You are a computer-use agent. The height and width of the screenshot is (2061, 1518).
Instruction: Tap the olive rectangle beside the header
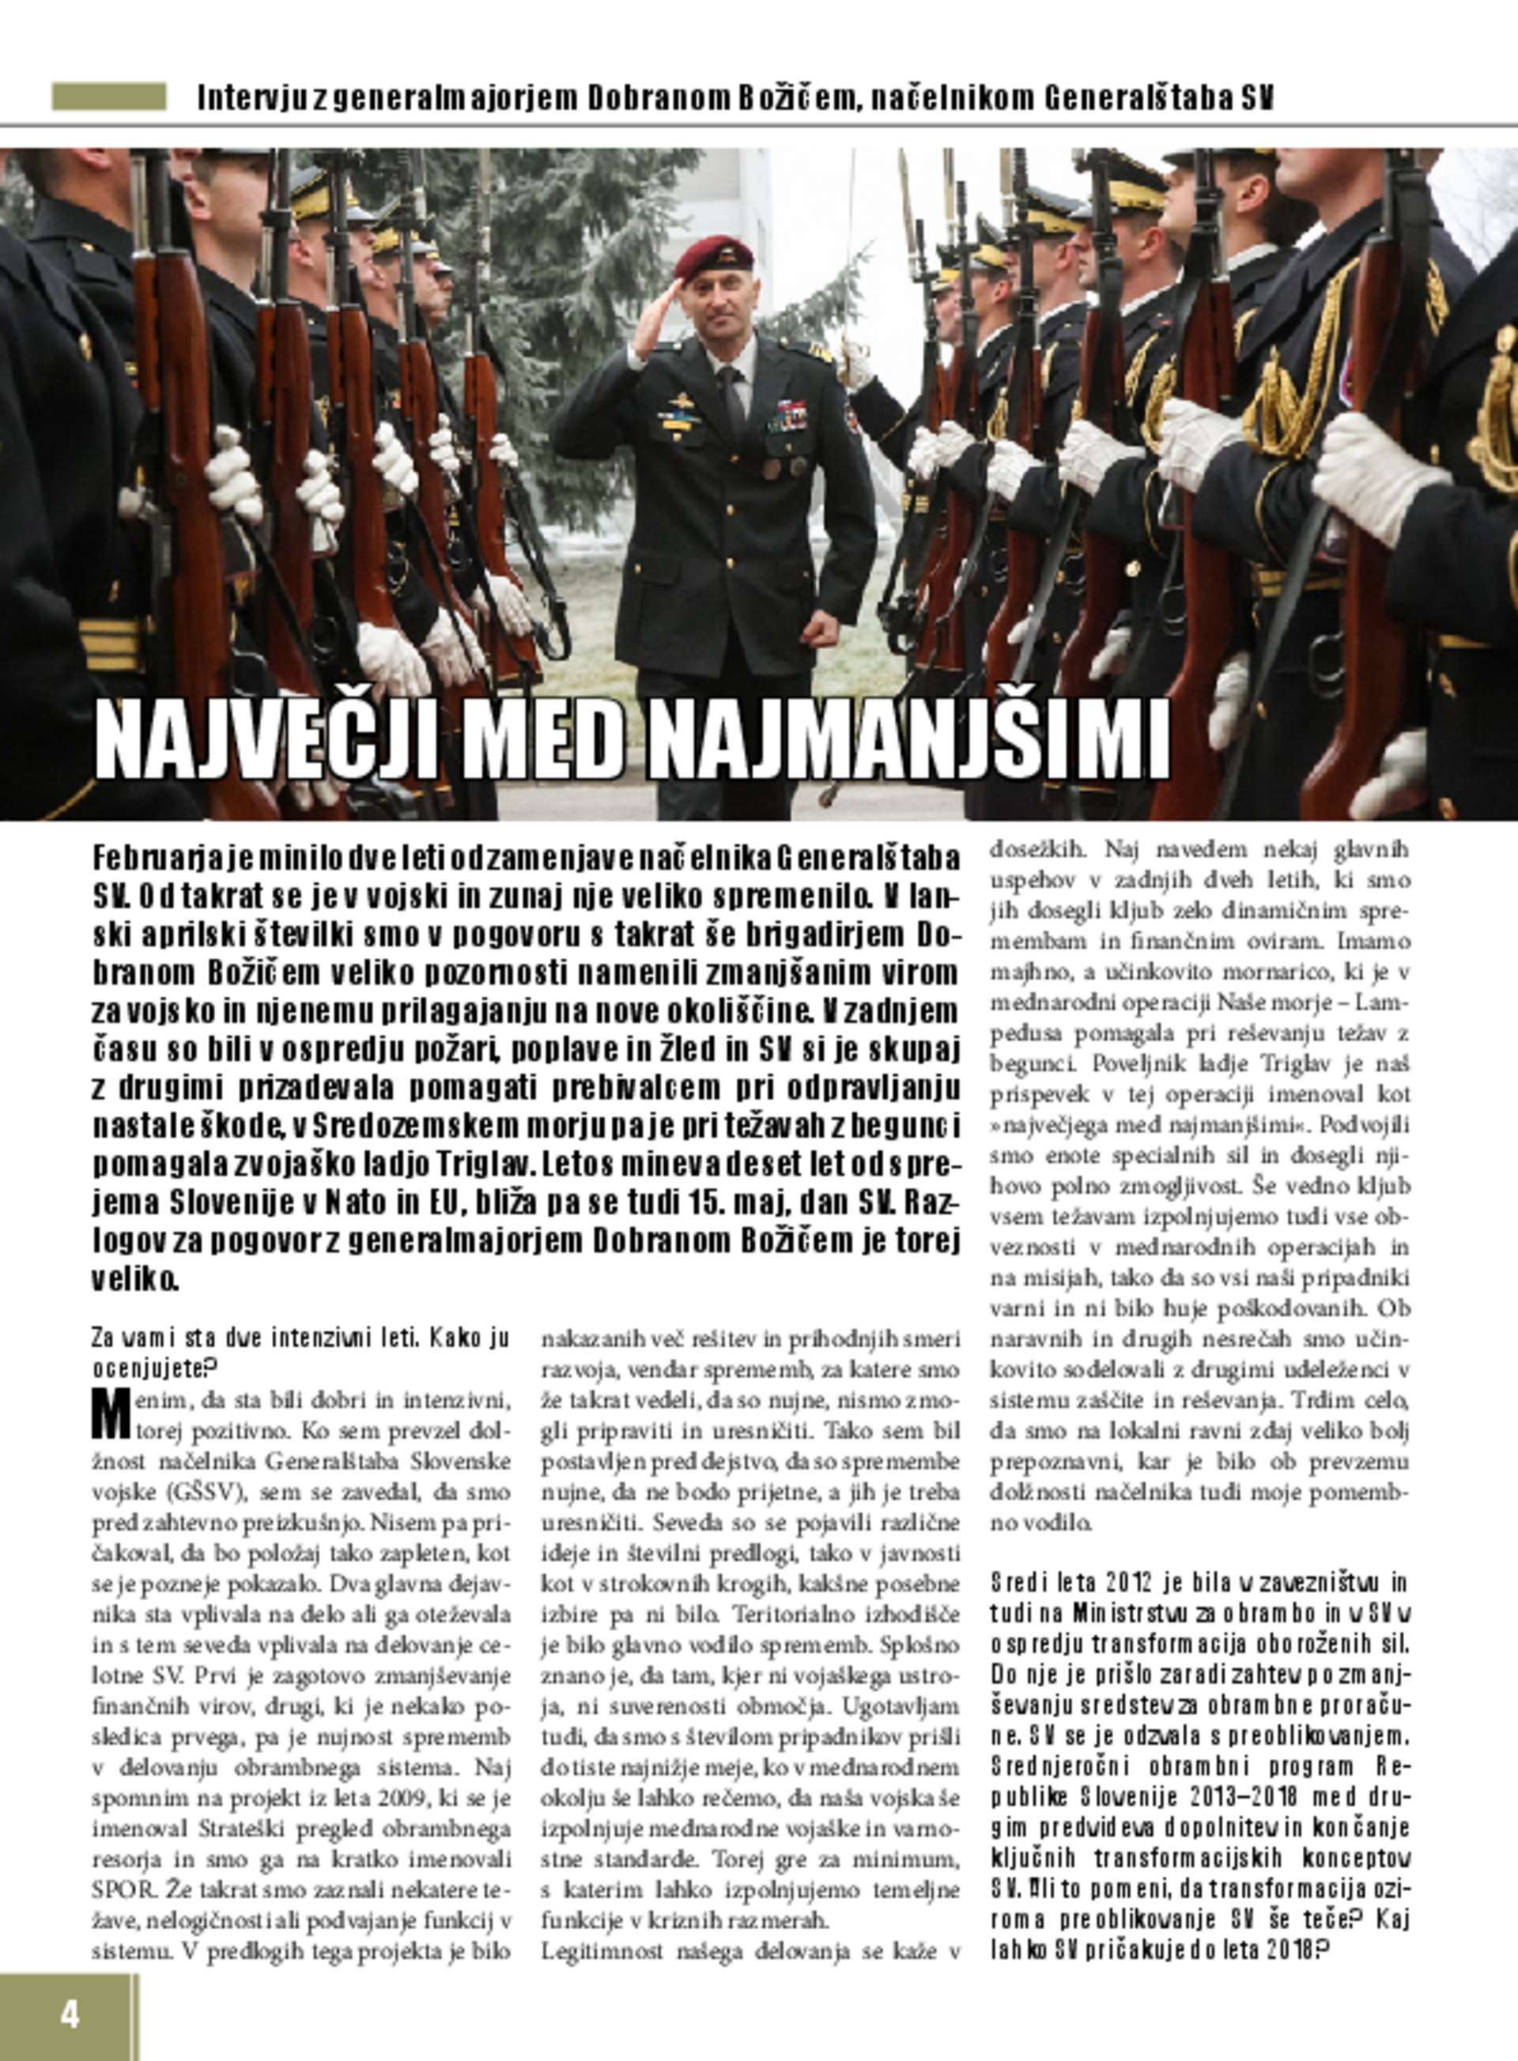108,96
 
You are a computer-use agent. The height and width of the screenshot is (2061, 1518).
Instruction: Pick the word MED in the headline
542,741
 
